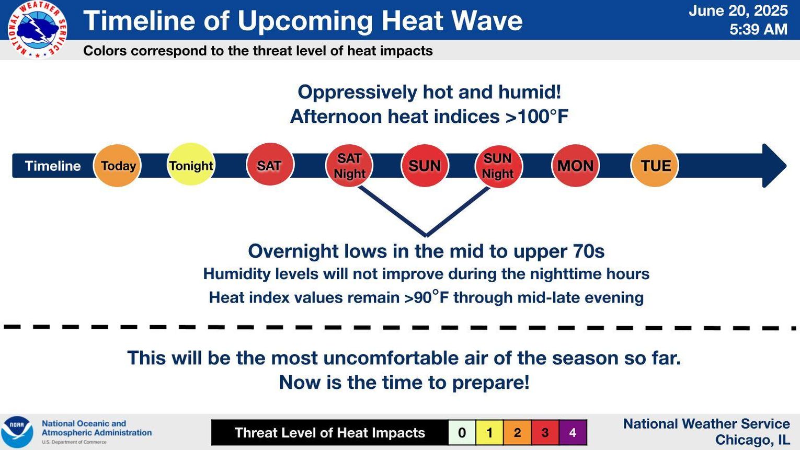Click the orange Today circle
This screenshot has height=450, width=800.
tap(118, 166)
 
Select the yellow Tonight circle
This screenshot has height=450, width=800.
tap(191, 164)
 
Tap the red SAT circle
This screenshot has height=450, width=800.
tap(270, 164)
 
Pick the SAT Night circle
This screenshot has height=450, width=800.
tap(349, 166)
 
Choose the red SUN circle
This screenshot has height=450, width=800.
tap(425, 166)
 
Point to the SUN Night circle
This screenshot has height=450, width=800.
tap(499, 166)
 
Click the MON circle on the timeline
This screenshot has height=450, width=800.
tap(575, 166)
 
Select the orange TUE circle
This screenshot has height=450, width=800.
tap(655, 166)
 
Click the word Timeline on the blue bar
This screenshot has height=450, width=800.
tap(53, 166)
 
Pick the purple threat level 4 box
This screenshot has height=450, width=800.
tap(573, 433)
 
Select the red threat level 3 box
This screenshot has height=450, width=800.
tap(545, 433)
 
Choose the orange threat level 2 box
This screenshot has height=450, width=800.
tap(518, 433)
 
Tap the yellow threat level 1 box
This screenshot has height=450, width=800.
tap(489, 433)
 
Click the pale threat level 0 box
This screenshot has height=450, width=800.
tap(462, 433)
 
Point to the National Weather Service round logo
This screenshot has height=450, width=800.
tap(37, 29)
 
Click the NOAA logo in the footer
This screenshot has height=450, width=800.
tap(17, 432)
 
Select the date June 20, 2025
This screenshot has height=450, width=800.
tap(738, 10)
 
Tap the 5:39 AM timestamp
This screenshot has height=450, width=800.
tap(758, 29)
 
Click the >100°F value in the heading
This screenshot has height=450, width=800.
tap(537, 117)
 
